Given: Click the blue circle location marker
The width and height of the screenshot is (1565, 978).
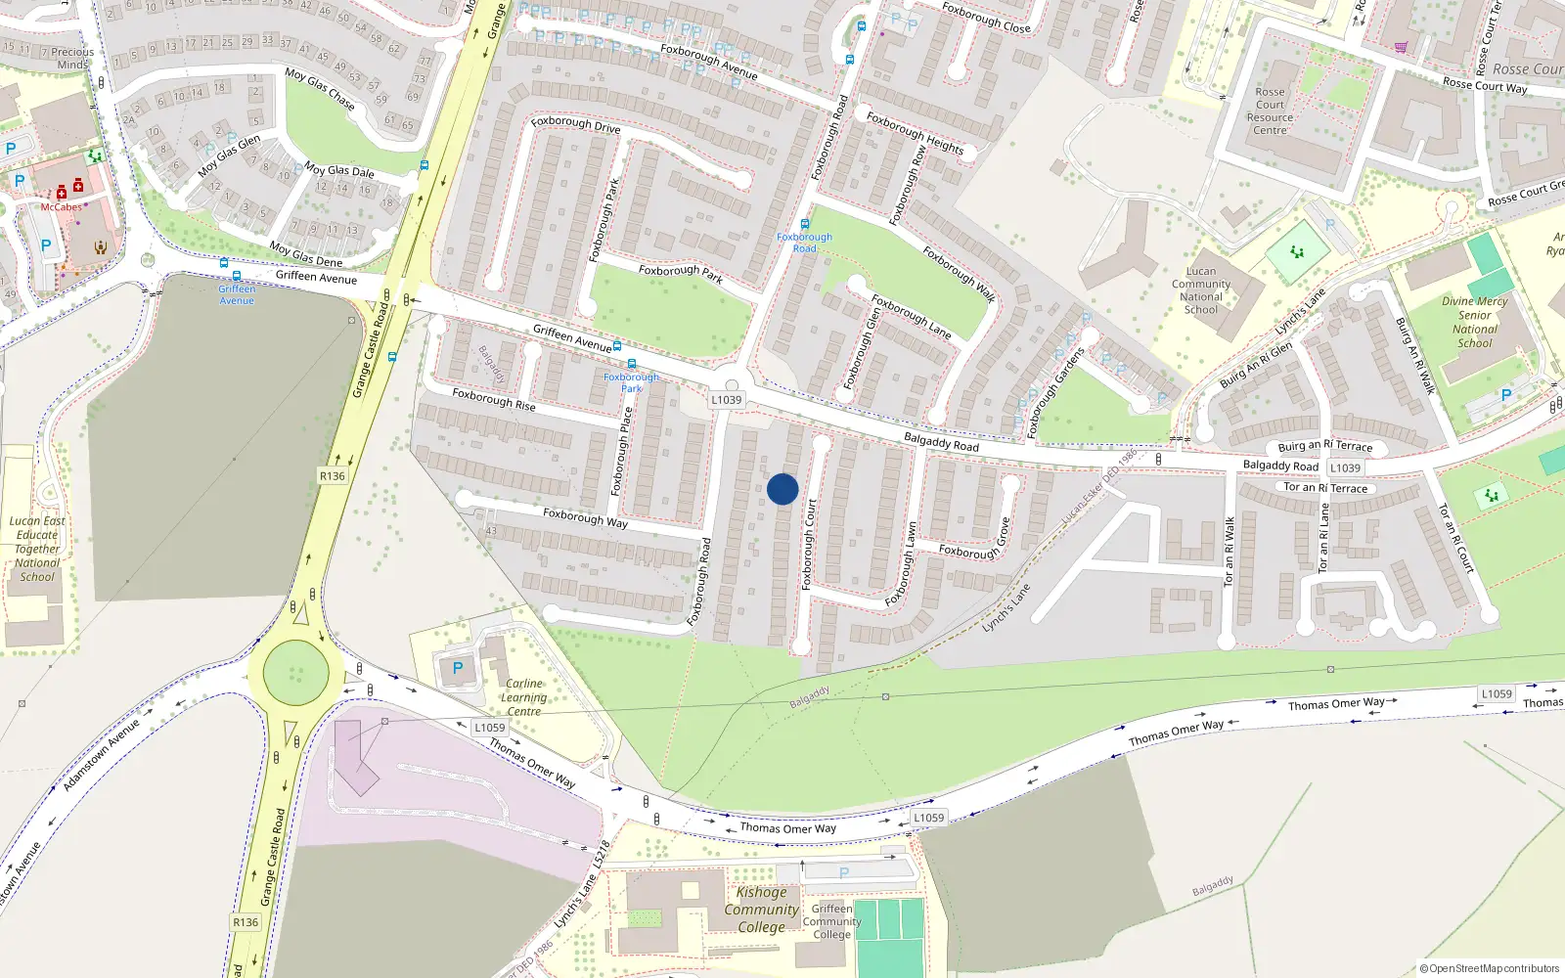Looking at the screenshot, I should tap(782, 489).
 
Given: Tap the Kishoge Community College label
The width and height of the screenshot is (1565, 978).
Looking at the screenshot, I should tap(761, 910).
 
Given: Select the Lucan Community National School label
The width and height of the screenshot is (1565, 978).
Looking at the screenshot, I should tap(1201, 290).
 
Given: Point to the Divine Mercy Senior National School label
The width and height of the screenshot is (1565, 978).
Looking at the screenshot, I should tap(1474, 322).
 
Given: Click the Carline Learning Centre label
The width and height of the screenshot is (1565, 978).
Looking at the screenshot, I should tap(524, 697).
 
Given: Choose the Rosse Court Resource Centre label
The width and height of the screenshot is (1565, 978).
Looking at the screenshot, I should tap(1270, 111).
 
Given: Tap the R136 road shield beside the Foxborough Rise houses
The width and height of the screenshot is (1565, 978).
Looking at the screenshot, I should tap(333, 476).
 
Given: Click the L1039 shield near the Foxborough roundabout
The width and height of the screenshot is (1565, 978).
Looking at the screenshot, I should tap(727, 400).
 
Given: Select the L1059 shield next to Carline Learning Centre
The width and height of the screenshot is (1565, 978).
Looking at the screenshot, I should tap(490, 728).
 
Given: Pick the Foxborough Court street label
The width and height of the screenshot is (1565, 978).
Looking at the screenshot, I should tap(809, 545).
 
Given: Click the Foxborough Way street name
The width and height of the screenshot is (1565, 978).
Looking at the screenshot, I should tap(585, 517).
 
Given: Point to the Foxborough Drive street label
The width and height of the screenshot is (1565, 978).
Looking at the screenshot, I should tap(576, 124).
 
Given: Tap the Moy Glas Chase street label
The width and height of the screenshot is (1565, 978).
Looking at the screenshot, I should tap(320, 87).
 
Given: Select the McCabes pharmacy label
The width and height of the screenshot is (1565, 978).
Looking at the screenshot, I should tap(61, 207).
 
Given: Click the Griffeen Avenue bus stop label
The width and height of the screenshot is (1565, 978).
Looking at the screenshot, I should tap(237, 294).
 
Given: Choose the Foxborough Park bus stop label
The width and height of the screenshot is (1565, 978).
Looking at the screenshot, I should tap(632, 382).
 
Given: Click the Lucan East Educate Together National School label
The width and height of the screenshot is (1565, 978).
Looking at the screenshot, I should tap(37, 549).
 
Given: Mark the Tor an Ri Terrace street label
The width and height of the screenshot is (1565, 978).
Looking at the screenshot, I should tap(1325, 488).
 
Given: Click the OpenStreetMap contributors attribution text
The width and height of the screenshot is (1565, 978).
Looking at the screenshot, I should tap(1490, 968).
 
